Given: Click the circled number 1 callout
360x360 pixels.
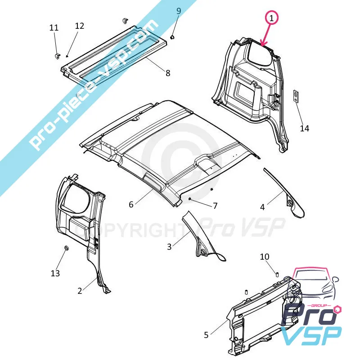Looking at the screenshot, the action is click(x=272, y=18).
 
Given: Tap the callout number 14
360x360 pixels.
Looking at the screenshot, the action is click(x=305, y=128).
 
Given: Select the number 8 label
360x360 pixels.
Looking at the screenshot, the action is click(x=168, y=73).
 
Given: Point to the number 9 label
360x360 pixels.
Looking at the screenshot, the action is click(x=179, y=11).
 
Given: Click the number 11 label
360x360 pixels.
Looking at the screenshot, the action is click(x=54, y=28).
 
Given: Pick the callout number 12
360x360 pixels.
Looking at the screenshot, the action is click(x=80, y=26).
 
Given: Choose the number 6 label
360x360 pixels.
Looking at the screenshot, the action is click(x=131, y=204).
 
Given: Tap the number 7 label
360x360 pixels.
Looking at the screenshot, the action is click(x=215, y=206).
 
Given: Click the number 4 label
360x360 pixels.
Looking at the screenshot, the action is click(x=262, y=207).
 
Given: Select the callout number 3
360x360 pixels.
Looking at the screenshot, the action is click(x=169, y=247).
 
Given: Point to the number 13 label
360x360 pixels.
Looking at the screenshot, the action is click(x=55, y=273).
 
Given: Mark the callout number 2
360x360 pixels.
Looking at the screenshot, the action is click(x=80, y=291).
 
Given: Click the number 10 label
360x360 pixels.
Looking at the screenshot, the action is click(x=265, y=256).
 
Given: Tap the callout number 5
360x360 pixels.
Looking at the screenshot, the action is click(x=206, y=335).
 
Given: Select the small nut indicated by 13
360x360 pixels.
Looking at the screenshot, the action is click(x=66, y=248).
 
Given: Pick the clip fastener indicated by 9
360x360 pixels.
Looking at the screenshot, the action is click(x=172, y=37).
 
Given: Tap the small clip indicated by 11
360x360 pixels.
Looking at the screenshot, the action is click(x=58, y=56).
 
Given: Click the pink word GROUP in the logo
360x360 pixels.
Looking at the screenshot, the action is click(x=320, y=306).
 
